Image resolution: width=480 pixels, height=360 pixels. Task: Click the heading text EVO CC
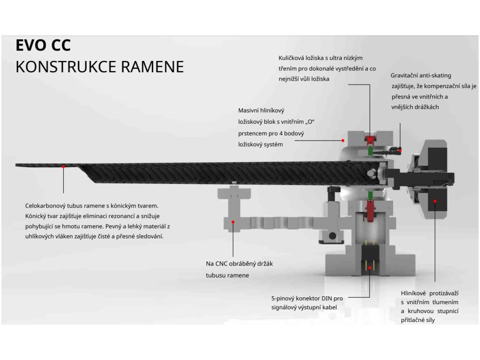[x=43, y=45]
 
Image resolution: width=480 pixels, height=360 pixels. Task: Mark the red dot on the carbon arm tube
[x=63, y=166]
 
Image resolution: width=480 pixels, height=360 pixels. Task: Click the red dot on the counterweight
[x=435, y=201]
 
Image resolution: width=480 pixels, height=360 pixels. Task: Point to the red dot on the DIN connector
[x=370, y=267]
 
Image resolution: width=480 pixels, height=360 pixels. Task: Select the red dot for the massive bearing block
[x=343, y=140]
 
